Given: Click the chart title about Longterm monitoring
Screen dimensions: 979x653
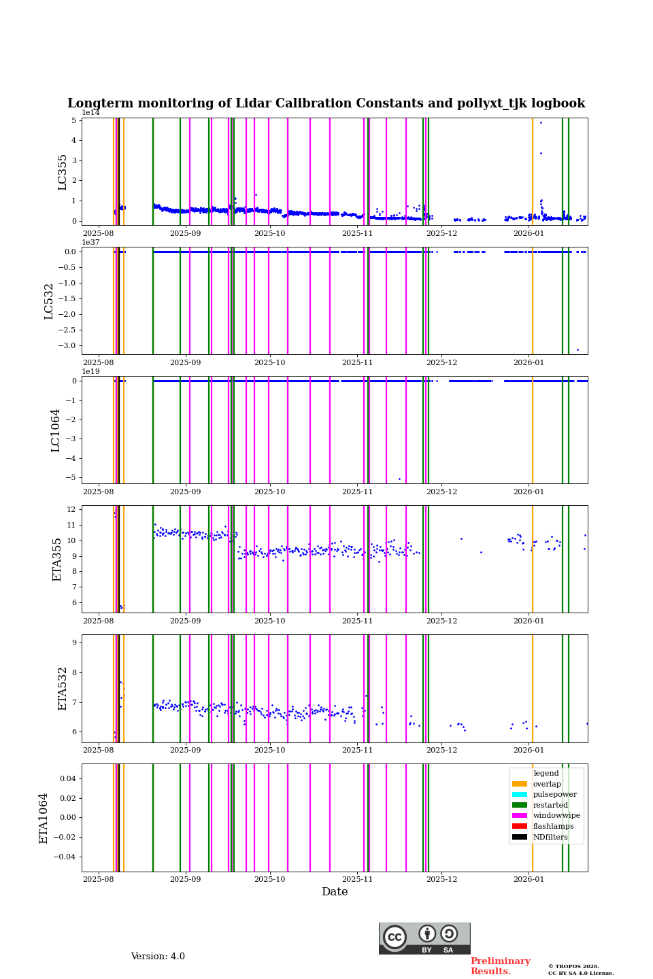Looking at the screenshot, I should [x=326, y=103].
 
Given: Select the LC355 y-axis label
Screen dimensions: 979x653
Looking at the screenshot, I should [x=63, y=172].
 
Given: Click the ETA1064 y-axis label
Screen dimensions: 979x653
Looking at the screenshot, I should [x=44, y=818].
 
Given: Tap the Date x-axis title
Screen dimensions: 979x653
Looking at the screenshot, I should [x=335, y=892].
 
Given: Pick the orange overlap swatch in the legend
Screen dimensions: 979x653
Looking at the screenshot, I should [x=520, y=784].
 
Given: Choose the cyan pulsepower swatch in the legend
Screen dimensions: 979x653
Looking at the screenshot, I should [x=520, y=795].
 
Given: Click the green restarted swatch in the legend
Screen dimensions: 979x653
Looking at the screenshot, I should [x=520, y=805].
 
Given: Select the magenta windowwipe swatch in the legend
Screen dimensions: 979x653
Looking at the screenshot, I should [x=520, y=816].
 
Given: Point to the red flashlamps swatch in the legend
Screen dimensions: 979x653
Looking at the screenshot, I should [x=520, y=826].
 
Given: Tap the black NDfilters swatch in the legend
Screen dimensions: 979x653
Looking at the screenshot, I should [x=520, y=837].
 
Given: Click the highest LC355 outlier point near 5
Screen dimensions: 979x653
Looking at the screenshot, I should [x=541, y=122].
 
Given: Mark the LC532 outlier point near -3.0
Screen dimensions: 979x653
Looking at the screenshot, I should [x=577, y=349].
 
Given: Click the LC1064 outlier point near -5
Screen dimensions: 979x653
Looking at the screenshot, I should [x=399, y=479].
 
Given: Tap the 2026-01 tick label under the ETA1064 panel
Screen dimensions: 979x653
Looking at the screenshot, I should [x=529, y=879].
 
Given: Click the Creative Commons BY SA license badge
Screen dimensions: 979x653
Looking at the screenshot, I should [x=424, y=938].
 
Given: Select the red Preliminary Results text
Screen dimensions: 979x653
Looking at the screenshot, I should [x=500, y=966].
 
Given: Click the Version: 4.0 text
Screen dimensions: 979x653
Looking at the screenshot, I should [x=158, y=957].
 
